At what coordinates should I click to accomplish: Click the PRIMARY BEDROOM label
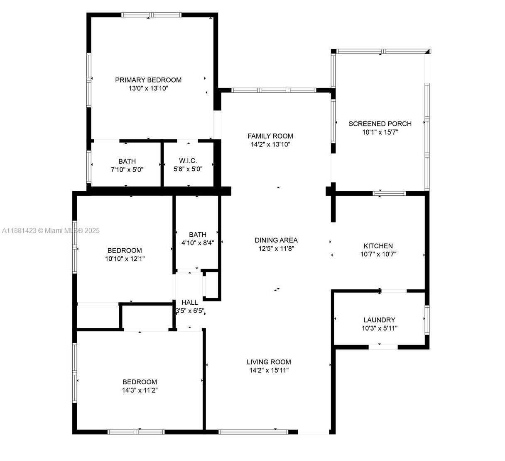point(148,80)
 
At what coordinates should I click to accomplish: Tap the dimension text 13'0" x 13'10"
point(148,88)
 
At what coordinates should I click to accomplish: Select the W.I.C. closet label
point(188,160)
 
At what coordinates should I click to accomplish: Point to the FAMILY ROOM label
point(270,136)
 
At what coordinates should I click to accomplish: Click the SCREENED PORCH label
point(380,124)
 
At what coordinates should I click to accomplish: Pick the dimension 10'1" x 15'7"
point(380,132)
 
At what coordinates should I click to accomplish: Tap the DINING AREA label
point(276,240)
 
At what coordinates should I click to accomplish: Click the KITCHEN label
point(378,246)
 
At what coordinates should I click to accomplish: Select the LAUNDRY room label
point(380,320)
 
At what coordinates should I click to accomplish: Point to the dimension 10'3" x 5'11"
point(380,328)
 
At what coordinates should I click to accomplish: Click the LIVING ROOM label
point(269,362)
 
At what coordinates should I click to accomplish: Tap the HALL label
point(190,302)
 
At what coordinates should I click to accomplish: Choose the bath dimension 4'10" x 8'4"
point(198,243)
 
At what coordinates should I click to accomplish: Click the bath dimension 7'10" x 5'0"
point(127,170)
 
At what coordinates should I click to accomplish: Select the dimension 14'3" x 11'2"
point(140,390)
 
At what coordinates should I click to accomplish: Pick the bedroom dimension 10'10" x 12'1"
point(125,259)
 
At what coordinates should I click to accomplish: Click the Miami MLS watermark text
point(51,230)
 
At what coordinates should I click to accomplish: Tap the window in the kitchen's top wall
point(389,193)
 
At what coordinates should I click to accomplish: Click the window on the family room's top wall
point(274,90)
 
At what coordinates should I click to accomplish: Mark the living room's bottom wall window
point(253,432)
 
